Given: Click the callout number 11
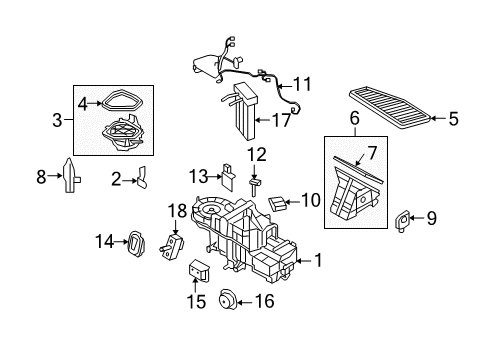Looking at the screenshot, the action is click(302, 84).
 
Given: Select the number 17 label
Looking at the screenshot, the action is click(281, 120).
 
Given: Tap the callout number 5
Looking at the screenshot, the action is click(453, 119).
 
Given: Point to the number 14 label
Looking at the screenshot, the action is click(105, 241).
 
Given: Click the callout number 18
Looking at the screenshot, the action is click(177, 211).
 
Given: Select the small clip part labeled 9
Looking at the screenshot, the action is click(402, 220).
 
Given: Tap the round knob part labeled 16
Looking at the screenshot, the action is click(227, 300).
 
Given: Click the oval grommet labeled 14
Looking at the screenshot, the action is click(136, 244).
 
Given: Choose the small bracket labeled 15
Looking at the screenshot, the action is click(199, 271).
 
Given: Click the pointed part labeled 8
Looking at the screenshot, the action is click(71, 175).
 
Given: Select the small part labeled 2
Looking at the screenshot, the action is click(142, 178).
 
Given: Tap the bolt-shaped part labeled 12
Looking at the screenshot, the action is click(254, 187).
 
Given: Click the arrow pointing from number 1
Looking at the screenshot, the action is click(304, 261).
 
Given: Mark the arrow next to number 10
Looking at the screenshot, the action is click(293, 202).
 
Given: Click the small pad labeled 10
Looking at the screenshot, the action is click(278, 203).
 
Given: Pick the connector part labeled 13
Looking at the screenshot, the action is click(228, 177).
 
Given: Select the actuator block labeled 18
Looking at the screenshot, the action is click(172, 247).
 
